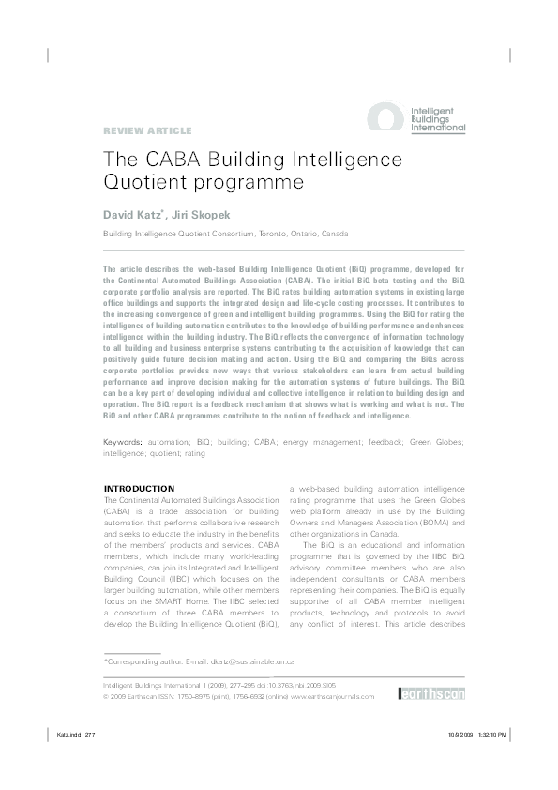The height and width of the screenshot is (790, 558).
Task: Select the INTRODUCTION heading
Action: [x=139, y=489]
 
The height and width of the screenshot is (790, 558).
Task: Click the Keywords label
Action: [x=122, y=441]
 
